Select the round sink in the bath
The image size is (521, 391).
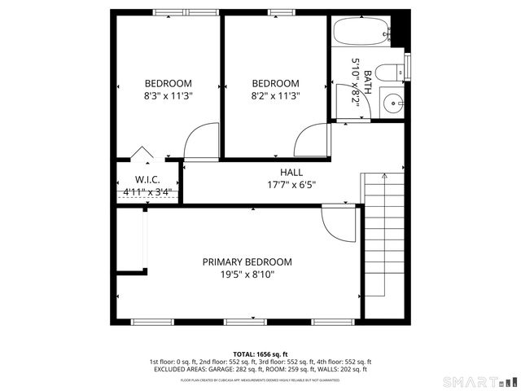[x=393, y=103]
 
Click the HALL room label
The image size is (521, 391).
[x=291, y=173]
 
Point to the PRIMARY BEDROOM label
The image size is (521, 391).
[x=247, y=261]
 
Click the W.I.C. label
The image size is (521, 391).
[x=147, y=179]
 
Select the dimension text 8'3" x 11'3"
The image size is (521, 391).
[x=169, y=94]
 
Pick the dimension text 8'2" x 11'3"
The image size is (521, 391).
[x=275, y=94]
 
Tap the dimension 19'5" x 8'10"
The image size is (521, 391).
[x=247, y=275]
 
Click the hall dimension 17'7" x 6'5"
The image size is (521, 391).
[x=291, y=185]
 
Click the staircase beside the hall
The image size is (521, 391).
[x=384, y=244]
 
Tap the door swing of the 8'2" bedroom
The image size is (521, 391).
[x=311, y=142]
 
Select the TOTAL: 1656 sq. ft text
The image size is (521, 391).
[x=260, y=354]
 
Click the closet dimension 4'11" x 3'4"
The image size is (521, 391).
[x=147, y=193]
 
